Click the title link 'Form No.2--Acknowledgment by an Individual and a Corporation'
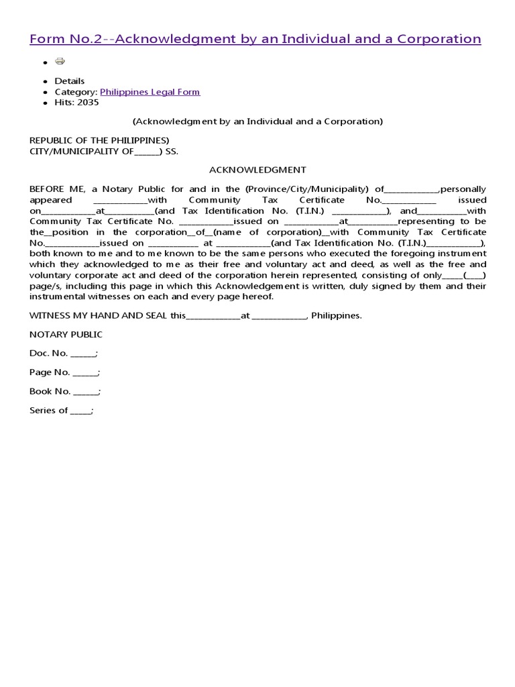255,39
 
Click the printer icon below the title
60,62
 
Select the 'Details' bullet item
70,81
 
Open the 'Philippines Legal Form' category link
150,92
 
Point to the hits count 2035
89,103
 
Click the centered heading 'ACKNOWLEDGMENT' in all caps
257,170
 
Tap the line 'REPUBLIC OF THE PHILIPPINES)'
99,140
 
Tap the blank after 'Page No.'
85,372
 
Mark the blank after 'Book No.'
86,392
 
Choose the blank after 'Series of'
81,411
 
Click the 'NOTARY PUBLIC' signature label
66,334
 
